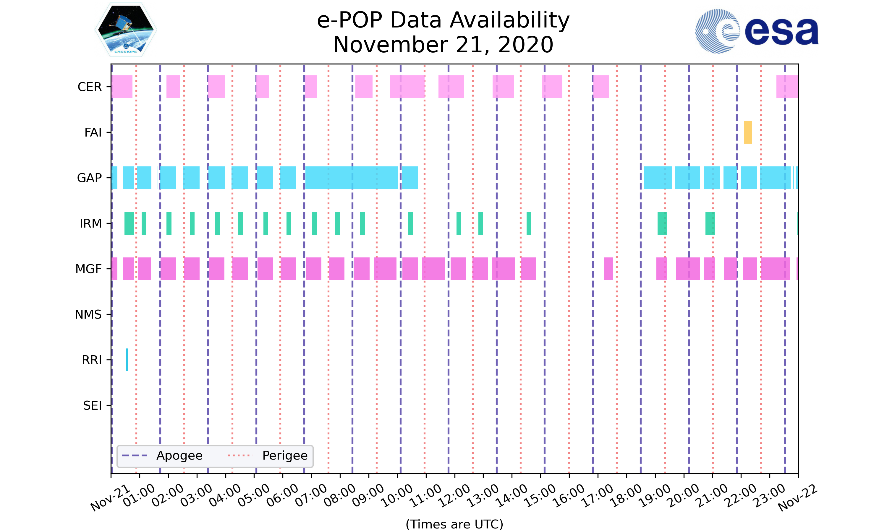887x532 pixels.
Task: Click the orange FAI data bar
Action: click(748, 132)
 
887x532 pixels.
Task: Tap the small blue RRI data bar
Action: click(127, 360)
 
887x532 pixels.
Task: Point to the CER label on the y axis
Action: click(90, 87)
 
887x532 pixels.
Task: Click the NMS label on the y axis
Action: click(88, 314)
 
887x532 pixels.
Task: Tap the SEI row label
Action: click(93, 406)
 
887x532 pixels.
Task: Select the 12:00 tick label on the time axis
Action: click(454, 496)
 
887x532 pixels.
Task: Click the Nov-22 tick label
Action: click(797, 498)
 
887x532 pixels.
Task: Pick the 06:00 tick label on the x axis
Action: click(282, 496)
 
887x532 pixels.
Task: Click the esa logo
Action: click(757, 31)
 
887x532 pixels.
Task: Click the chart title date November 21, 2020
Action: click(443, 45)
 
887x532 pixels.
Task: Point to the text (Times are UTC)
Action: click(454, 524)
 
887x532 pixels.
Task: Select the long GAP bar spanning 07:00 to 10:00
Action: click(351, 178)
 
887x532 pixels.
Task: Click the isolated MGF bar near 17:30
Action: click(608, 269)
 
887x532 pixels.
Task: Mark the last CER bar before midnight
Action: click(787, 87)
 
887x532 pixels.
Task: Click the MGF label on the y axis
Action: click(88, 269)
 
